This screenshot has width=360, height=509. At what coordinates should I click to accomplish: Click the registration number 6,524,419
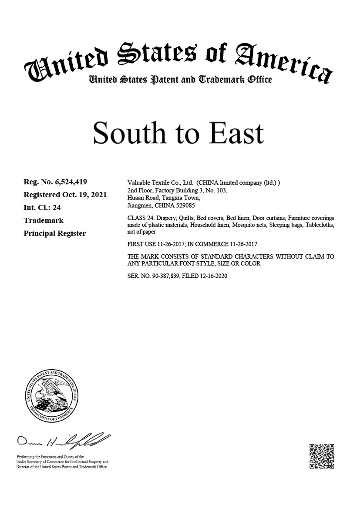pos(74,182)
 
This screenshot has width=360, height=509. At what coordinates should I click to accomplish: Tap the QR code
pos(322,456)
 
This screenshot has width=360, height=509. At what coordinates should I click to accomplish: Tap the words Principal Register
pos(55,233)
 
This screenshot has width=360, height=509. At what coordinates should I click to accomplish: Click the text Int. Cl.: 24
pos(42,208)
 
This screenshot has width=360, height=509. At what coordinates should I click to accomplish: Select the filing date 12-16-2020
pos(212,276)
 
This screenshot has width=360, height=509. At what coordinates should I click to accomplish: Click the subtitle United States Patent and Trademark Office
pos(180,80)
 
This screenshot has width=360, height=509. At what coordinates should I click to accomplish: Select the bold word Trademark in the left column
pos(44,220)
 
